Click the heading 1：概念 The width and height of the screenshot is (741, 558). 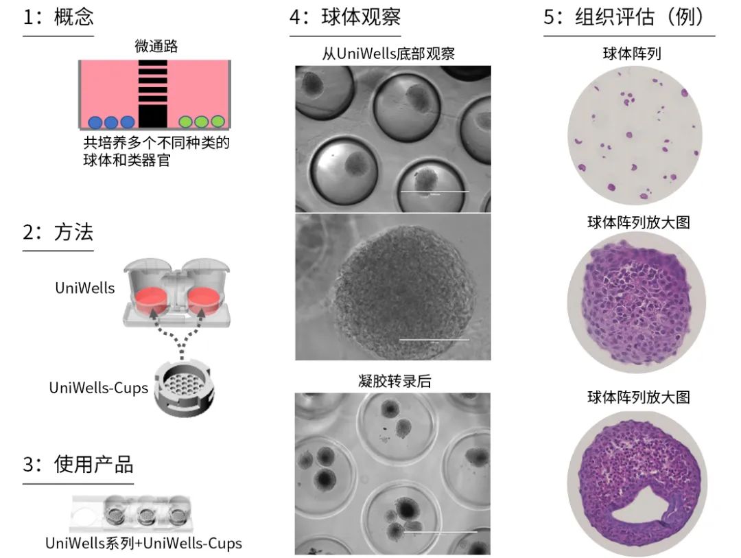click(58, 18)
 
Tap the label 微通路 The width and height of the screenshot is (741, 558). click(154, 47)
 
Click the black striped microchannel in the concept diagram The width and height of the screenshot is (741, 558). click(152, 93)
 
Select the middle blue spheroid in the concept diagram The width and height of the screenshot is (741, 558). click(111, 122)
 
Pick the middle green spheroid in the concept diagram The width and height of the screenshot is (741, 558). click(201, 122)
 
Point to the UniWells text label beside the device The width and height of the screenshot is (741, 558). click(85, 288)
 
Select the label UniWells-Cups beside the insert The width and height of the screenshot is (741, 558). click(98, 388)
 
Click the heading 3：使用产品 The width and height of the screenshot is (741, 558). click(78, 465)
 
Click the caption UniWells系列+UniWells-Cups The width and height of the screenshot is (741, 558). click(143, 543)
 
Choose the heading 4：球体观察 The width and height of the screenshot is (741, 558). click(345, 18)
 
